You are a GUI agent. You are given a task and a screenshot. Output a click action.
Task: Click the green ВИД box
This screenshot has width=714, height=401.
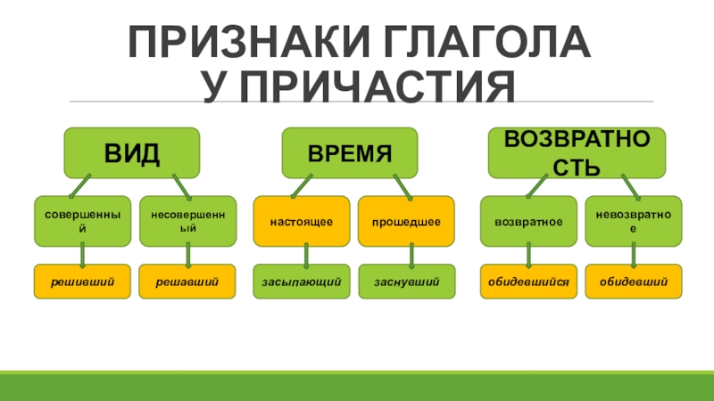[x=130, y=152]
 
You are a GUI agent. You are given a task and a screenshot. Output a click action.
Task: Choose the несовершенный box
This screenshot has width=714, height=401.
[x=187, y=221]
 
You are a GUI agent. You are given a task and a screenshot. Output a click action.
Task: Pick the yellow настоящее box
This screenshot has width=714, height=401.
[x=303, y=221]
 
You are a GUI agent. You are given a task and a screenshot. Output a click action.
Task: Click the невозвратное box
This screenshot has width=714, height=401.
[x=634, y=221]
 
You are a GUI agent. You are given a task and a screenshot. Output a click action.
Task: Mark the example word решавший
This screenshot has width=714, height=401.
[x=187, y=282]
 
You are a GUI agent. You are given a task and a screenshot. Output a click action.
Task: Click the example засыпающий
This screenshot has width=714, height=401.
[x=303, y=282]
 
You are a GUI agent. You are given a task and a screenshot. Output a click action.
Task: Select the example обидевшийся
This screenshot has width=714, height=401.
[x=528, y=282]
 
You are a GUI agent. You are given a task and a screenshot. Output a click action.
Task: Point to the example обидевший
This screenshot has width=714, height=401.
[x=634, y=282]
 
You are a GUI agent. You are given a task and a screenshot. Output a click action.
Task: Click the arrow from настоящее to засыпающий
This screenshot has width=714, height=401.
[x=306, y=256]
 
